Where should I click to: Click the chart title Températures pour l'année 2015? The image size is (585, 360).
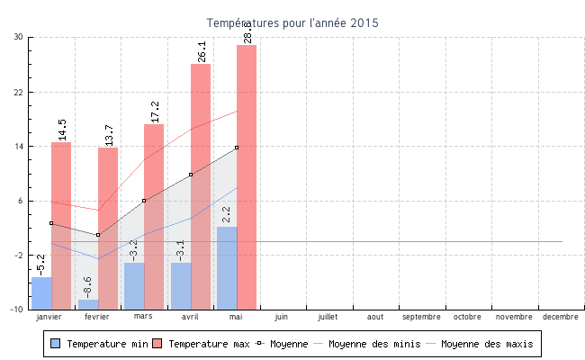tap(292, 22)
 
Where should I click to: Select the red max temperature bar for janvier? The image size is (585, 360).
tap(61, 225)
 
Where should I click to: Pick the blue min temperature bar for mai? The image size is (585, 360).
tap(227, 267)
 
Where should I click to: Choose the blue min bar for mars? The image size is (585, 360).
tap(134, 285)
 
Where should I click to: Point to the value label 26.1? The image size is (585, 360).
tap(201, 51)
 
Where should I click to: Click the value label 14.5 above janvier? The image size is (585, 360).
tap(61, 130)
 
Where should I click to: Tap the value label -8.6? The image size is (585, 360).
tap(87, 287)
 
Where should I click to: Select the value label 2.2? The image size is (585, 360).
tap(226, 214)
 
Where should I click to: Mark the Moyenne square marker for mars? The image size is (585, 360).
tap(144, 201)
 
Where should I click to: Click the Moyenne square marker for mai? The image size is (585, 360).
tap(237, 148)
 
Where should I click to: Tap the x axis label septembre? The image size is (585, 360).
tap(421, 317)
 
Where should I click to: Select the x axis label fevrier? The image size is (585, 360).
tap(97, 317)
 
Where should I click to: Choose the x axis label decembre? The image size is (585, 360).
tap(560, 317)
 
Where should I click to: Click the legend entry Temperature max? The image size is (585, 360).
tap(202, 344)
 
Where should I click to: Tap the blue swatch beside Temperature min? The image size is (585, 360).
tap(56, 344)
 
